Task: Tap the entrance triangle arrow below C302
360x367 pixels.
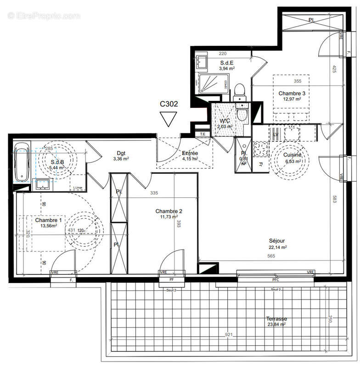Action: coord(169,119)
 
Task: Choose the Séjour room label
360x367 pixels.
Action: coord(277,241)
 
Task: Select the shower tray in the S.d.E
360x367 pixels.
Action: coord(211,84)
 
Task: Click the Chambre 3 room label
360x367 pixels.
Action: coord(292,93)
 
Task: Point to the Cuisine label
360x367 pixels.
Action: coord(292,155)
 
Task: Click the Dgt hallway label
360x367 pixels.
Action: coord(121,153)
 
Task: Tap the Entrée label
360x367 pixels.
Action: coord(190,153)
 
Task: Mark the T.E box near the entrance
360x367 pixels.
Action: coord(202,134)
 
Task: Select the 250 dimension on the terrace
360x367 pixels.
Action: coord(329,320)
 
